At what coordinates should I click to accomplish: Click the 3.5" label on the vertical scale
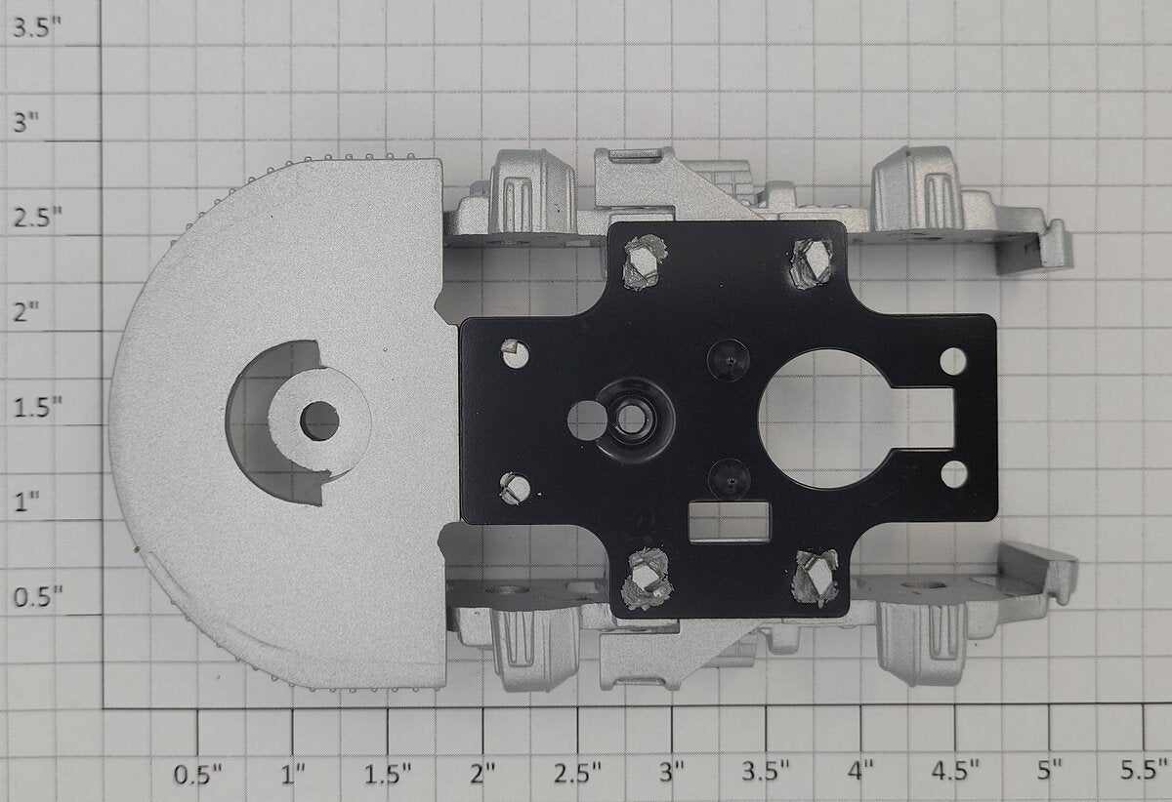coord(37,27)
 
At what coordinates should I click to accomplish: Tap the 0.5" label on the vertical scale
coord(38,596)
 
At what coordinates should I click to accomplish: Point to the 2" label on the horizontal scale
coord(482,774)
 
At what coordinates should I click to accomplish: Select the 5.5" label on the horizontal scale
coord(1144,770)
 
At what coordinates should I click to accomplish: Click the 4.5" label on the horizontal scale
coord(955,771)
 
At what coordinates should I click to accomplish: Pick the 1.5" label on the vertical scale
coord(38,407)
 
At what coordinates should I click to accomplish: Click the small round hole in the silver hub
coord(319,421)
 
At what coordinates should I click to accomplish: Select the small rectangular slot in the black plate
coord(729,521)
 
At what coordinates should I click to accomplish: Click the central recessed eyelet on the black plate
coord(632,419)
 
